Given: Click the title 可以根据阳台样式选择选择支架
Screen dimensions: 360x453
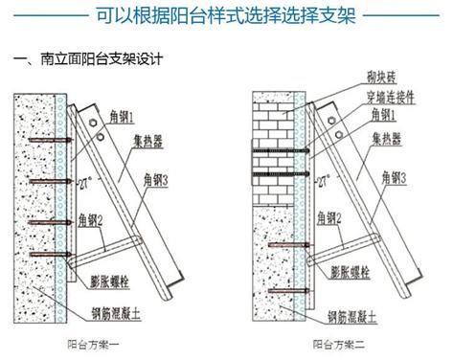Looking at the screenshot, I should pos(226,16).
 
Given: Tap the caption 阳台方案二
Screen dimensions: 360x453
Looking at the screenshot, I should pos(334,342).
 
